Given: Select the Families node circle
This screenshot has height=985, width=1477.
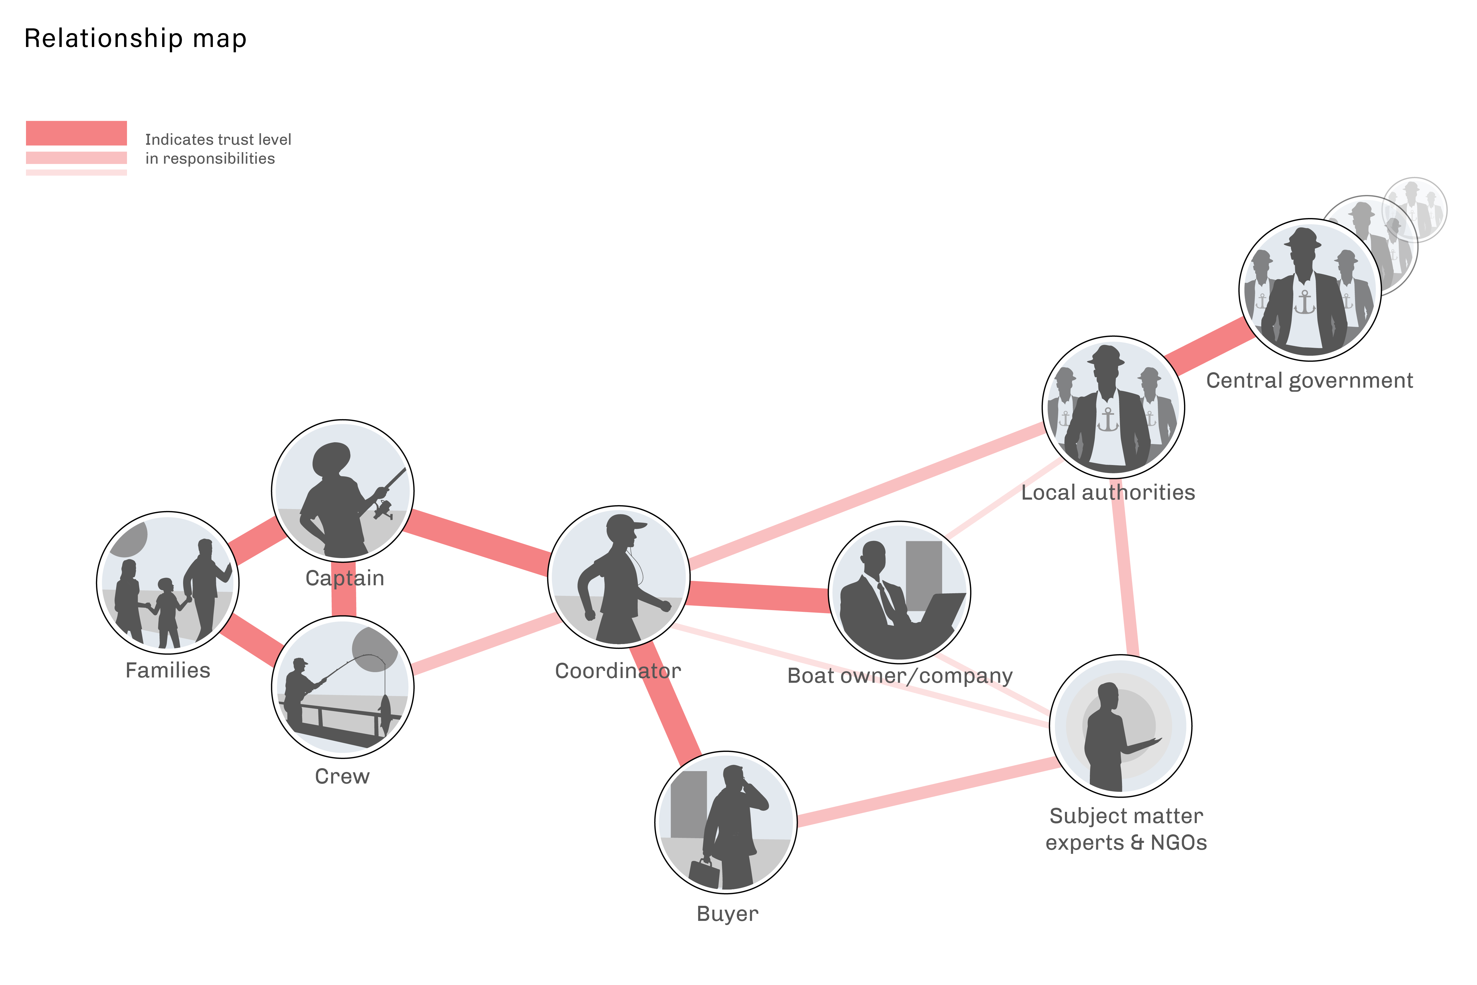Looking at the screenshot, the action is coord(168,583).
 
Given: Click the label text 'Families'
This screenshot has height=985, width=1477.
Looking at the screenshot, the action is coord(168,670).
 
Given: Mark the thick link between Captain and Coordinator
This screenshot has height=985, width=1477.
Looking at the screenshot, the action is coord(477,542).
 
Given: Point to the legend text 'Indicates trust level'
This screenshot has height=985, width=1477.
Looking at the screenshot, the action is coord(218,139).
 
